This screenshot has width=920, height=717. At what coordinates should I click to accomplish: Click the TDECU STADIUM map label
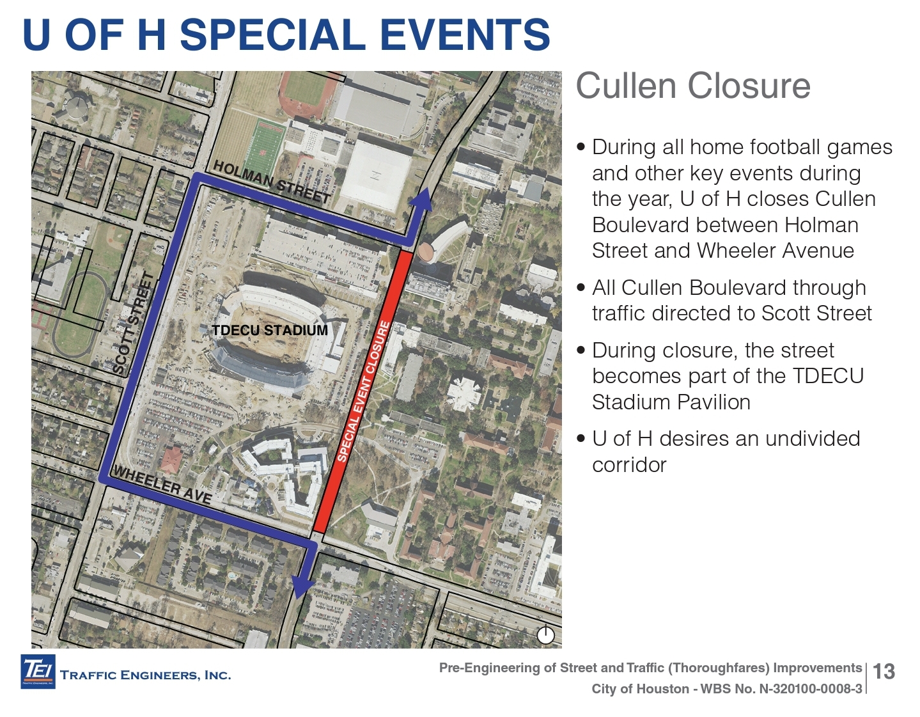click(270, 330)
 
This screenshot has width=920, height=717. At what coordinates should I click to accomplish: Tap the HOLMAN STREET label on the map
click(271, 182)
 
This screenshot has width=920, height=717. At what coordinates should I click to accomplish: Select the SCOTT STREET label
click(134, 323)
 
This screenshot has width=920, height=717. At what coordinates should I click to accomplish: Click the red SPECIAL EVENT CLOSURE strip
click(363, 391)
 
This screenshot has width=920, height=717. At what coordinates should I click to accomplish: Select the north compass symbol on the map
click(546, 635)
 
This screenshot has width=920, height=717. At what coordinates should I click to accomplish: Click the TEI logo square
click(38, 672)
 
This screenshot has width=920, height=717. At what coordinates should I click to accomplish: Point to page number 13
click(884, 672)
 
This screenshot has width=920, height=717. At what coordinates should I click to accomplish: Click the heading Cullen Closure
click(693, 86)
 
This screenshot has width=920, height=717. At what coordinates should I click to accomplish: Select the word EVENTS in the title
click(465, 35)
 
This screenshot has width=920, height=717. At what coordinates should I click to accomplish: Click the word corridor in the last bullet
click(629, 465)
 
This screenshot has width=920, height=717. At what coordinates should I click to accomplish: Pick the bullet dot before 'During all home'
click(581, 147)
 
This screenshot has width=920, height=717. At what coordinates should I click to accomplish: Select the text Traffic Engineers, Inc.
click(146, 675)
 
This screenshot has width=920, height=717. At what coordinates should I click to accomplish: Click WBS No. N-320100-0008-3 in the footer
click(781, 689)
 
